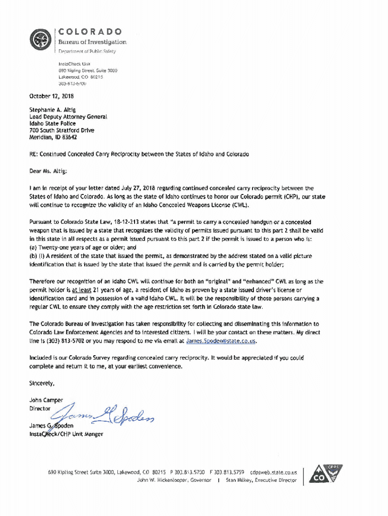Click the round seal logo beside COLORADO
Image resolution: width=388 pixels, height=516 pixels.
click(x=40, y=39)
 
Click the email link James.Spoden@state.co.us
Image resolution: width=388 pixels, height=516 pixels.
click(x=221, y=341)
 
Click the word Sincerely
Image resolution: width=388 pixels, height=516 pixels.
click(x=42, y=383)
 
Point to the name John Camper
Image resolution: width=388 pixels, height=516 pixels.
click(x=46, y=400)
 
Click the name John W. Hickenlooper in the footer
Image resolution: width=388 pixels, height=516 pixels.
click(x=166, y=480)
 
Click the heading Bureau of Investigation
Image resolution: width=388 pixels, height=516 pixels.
click(x=93, y=42)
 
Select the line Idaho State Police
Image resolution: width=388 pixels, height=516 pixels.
click(x=52, y=123)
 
